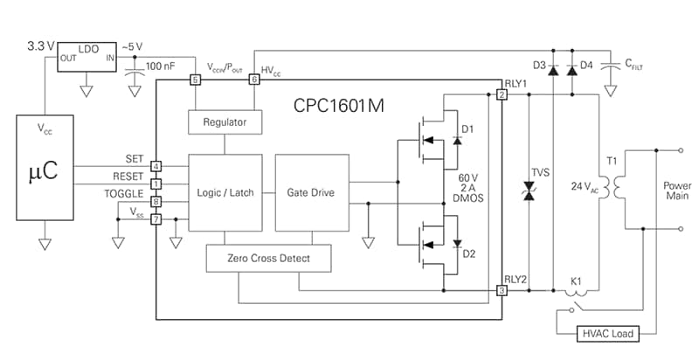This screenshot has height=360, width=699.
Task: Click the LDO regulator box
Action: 87,54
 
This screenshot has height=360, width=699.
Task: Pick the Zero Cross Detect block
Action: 269,258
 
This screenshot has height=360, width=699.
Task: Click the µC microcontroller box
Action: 44,170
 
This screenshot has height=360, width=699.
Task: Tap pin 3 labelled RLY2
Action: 502,290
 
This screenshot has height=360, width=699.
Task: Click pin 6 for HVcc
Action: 255,80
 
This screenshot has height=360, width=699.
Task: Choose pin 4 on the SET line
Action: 156,166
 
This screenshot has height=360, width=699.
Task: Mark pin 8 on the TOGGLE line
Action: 156,202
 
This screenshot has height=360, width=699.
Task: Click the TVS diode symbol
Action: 527,193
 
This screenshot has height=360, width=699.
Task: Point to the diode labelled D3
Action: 552,71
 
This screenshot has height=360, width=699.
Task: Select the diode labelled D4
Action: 572,71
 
